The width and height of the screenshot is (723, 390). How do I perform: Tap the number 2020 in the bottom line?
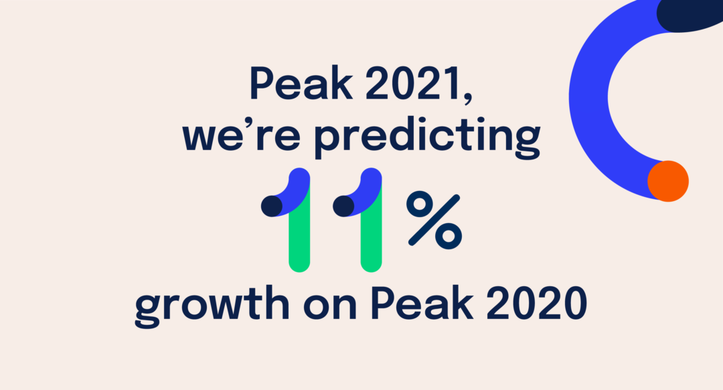click(536, 304)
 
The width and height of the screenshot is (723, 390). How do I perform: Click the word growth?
click(212, 306)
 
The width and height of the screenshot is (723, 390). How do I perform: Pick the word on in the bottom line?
click(329, 308)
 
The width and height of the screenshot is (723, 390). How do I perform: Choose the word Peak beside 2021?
click(301, 83)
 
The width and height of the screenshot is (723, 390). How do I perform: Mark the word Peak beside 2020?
click(422, 304)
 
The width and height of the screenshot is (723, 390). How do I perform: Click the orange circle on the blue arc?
click(667, 181)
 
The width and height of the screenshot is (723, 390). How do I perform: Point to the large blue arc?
click(589, 97)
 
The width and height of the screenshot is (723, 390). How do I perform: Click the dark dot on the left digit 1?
click(272, 206)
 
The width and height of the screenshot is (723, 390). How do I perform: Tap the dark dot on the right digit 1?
click(343, 206)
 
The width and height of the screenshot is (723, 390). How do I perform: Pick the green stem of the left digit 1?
click(299, 231)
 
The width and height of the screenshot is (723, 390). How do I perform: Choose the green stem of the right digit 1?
click(371, 231)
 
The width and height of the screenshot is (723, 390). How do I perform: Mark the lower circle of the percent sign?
click(449, 236)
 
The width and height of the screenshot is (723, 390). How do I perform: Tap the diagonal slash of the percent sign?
click(434, 220)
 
